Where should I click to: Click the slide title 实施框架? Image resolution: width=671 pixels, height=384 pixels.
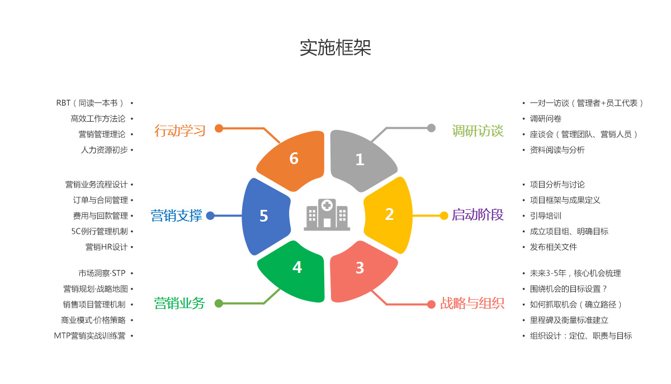[x=335, y=48]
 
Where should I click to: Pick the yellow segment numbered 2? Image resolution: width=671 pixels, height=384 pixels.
[x=389, y=214]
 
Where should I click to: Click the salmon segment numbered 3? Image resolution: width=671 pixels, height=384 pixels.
[x=361, y=269]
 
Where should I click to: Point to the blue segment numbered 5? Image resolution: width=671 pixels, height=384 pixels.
[x=264, y=215]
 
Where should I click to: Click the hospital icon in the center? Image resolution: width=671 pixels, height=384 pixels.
[x=327, y=214]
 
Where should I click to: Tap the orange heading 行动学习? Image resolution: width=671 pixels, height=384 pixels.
[x=180, y=131]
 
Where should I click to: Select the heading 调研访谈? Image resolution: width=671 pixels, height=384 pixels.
[x=478, y=131]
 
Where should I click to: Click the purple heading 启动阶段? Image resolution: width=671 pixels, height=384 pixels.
[x=478, y=215]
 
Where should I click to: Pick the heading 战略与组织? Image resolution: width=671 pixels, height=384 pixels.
[x=472, y=303]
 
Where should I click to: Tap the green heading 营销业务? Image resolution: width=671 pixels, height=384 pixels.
[x=180, y=303]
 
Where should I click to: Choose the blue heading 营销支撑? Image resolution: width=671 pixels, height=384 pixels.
[x=177, y=215]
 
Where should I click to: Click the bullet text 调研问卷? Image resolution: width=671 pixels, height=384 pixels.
[x=546, y=118]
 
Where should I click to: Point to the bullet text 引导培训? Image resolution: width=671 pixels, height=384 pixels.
[x=546, y=215]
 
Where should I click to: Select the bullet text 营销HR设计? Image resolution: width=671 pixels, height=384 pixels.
[x=106, y=247]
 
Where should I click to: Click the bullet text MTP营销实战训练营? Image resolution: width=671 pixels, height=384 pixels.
[x=90, y=335]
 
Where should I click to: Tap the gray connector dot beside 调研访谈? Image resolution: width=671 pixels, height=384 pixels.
[x=431, y=128]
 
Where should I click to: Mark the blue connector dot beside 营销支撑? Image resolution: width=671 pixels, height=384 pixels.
[x=210, y=215]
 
